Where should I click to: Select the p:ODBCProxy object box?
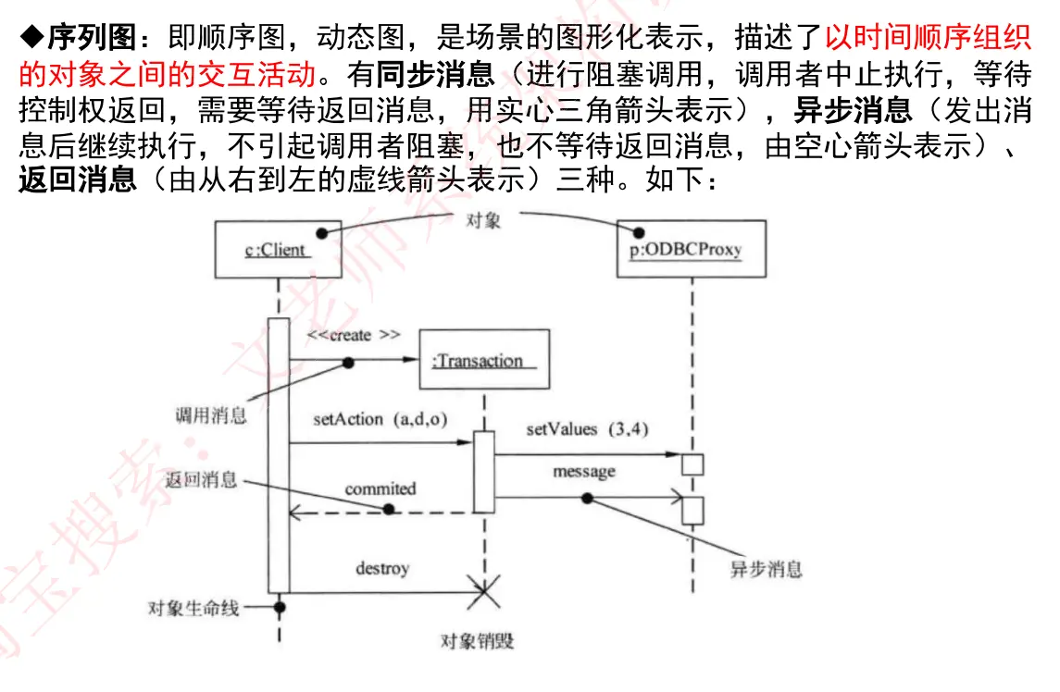click(691, 249)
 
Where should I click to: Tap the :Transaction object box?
click(483, 359)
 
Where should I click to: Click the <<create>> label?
click(354, 334)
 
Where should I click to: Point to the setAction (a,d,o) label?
click(380, 419)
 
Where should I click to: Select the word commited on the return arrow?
click(380, 488)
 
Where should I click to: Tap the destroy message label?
click(382, 568)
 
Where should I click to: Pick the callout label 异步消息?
click(766, 569)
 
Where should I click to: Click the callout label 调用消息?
click(210, 415)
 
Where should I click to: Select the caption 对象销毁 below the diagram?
click(477, 641)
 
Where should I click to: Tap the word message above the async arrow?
click(583, 472)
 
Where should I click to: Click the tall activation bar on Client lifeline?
click(279, 453)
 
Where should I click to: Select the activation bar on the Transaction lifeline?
click(483, 472)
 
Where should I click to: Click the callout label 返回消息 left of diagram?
click(202, 480)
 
